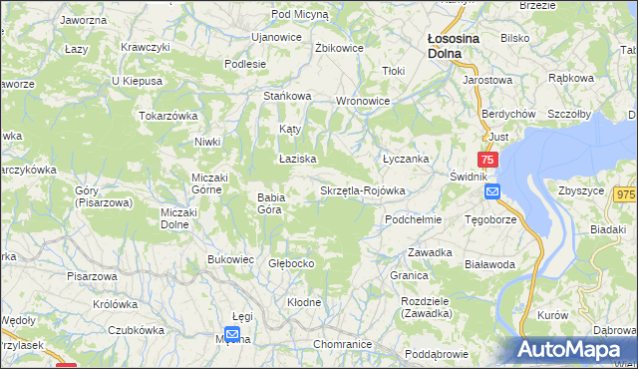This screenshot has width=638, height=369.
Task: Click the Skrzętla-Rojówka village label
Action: click(x=362, y=190)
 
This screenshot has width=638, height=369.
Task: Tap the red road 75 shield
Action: click(x=487, y=160)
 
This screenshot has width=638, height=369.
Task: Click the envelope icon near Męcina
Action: click(x=232, y=334)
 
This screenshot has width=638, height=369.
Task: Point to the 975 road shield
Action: click(x=625, y=196)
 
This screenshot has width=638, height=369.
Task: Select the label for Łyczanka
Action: click(x=406, y=159)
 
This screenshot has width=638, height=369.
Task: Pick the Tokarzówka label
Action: click(x=169, y=116)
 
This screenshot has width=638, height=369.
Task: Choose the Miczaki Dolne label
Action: click(x=180, y=217)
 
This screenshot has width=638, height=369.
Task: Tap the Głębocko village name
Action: click(x=292, y=263)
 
